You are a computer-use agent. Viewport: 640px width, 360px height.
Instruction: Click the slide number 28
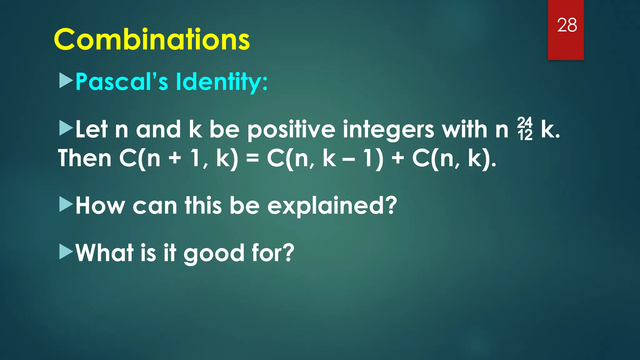(567, 25)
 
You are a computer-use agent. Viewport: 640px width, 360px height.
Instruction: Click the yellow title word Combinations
(152, 40)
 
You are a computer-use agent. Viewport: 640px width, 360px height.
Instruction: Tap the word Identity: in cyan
(222, 82)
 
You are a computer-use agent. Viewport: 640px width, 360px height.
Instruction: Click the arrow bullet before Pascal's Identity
(66, 81)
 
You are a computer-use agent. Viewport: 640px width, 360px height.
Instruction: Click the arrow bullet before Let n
(66, 128)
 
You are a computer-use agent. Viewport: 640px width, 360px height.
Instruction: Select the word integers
(388, 130)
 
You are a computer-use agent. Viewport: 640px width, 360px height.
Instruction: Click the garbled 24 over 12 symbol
(525, 129)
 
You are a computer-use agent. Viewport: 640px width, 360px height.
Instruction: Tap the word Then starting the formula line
(85, 158)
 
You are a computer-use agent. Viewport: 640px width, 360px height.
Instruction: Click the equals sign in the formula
(252, 158)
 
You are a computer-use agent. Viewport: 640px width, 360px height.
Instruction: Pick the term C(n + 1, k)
(178, 159)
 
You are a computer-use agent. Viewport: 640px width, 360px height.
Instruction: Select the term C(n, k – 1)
(325, 159)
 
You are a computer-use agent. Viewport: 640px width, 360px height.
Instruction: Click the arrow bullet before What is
(66, 252)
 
